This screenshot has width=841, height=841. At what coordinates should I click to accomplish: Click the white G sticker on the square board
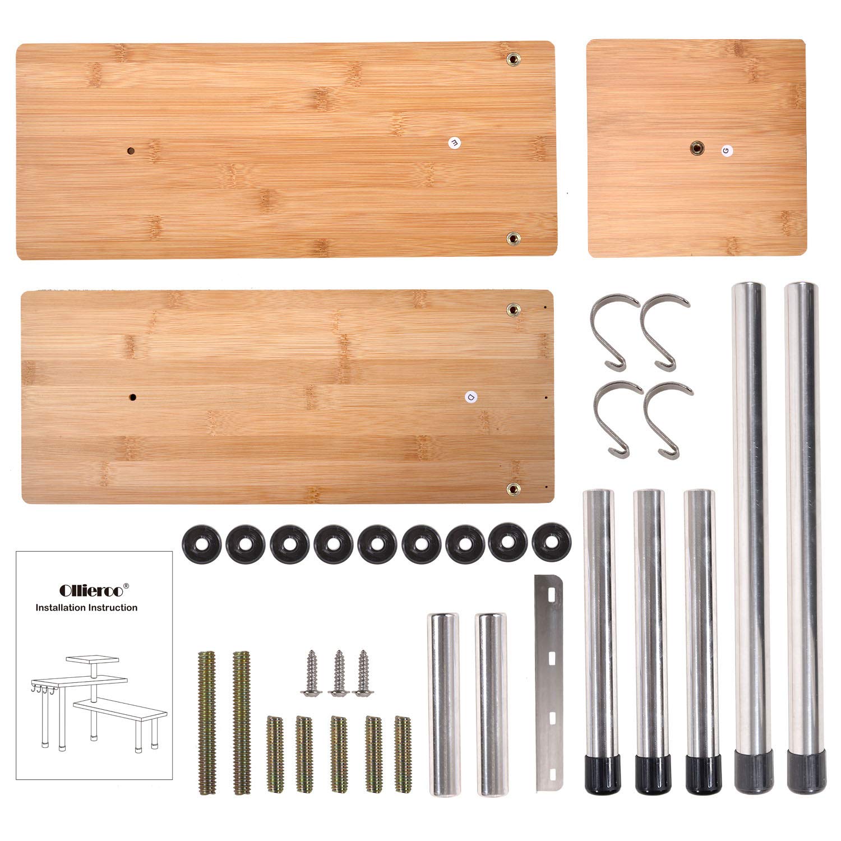[727, 150]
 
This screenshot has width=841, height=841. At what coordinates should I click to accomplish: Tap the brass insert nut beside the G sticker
[696, 149]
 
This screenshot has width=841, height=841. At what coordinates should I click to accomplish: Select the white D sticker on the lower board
[470, 397]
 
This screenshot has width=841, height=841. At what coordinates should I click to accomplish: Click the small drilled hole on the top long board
[131, 151]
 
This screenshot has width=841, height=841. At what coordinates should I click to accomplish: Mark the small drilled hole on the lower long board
[133, 397]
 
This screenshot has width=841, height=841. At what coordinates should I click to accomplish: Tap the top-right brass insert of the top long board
[512, 59]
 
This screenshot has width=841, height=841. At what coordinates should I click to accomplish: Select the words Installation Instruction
[86, 607]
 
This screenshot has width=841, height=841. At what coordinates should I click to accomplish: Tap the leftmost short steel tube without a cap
[445, 704]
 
